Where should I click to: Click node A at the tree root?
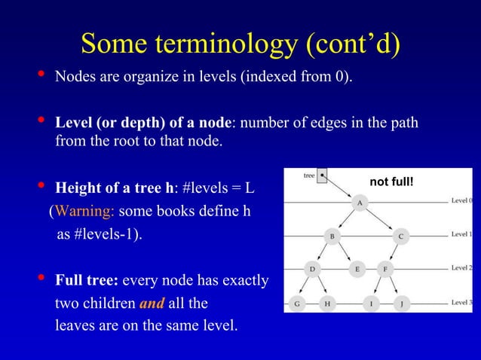[x=360, y=203]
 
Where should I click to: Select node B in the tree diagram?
[x=331, y=236]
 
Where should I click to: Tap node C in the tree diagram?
[x=401, y=236]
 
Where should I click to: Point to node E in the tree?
[x=357, y=268]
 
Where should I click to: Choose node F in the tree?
[x=385, y=268]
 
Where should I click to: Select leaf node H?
[x=326, y=304]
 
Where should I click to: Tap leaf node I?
[x=371, y=304]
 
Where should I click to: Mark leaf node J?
[x=402, y=304]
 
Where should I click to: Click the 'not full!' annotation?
[x=392, y=181]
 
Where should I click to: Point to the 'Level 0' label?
[x=461, y=201]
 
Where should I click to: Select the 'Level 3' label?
[x=461, y=303]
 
